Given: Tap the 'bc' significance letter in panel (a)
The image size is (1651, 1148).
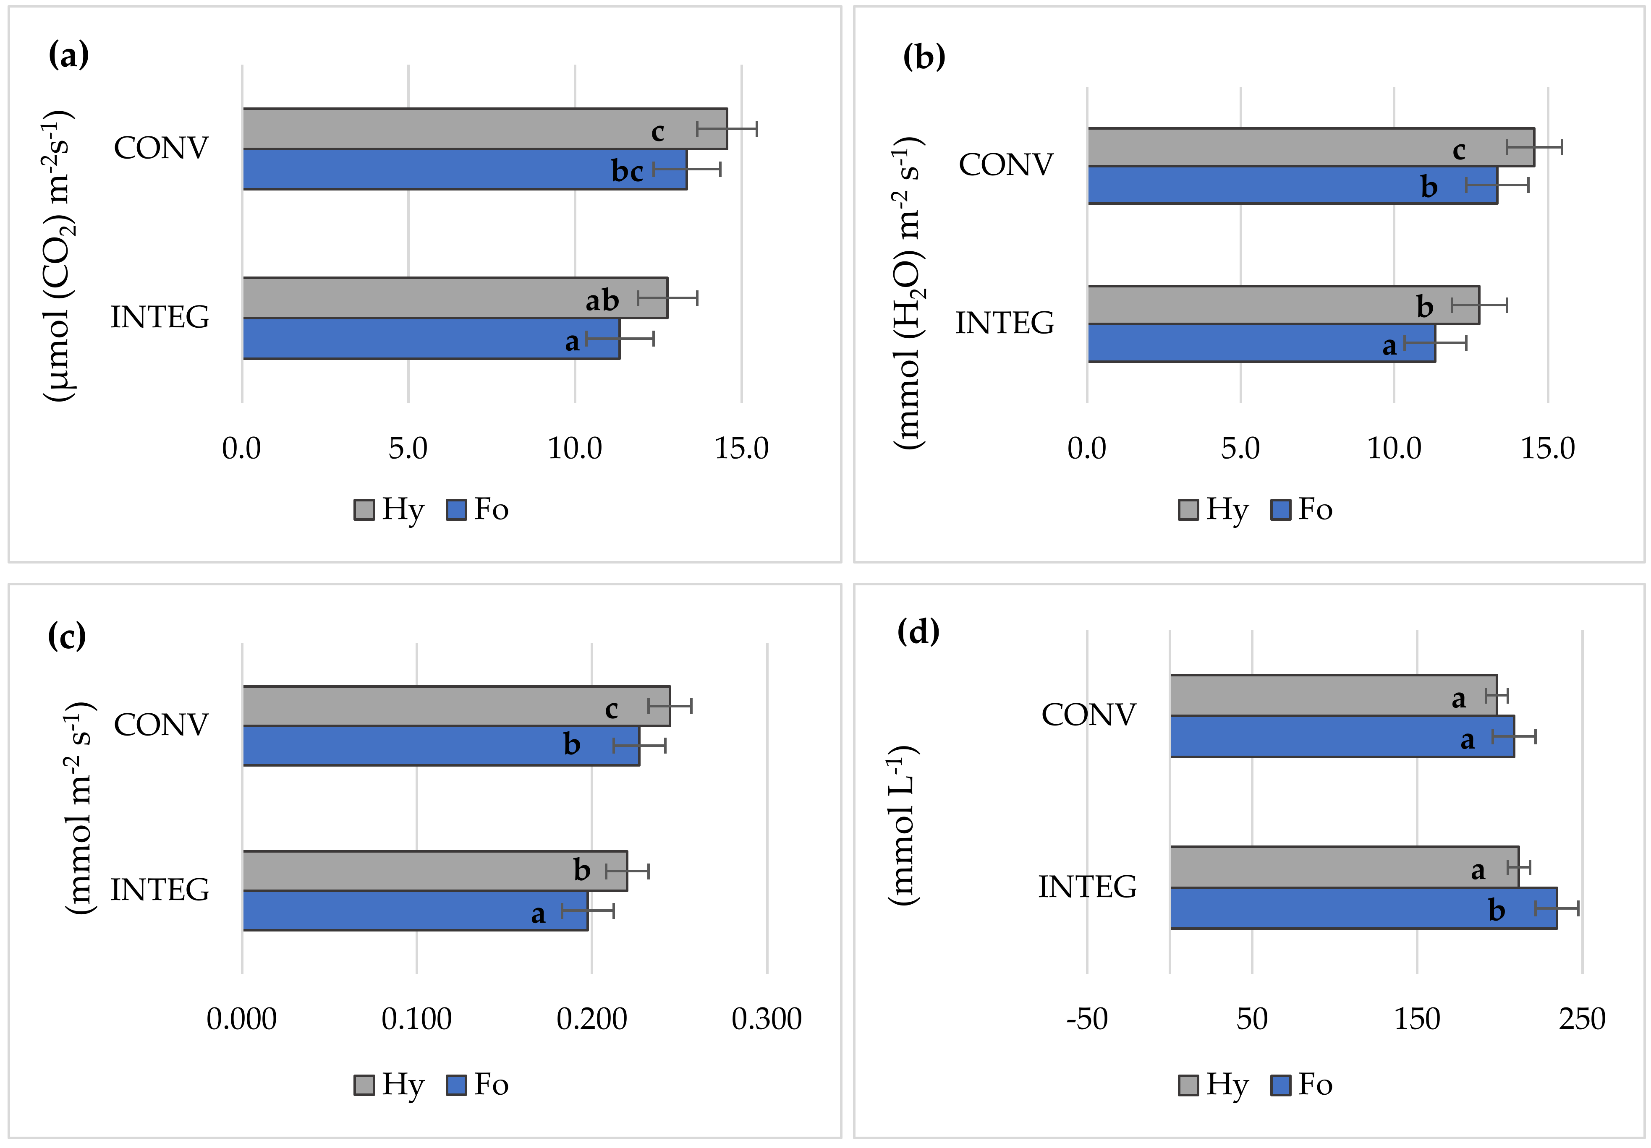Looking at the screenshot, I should tap(627, 171).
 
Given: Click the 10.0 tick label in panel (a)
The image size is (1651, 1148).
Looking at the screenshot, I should tap(575, 449).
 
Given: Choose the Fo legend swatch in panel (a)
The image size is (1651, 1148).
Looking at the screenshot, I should tap(456, 510).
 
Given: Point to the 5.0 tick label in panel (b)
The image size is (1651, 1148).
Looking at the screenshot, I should tap(1240, 449).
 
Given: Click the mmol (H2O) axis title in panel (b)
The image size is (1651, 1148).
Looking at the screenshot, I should tap(908, 291).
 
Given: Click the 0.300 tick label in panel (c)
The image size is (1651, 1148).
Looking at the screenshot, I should tap(767, 1019).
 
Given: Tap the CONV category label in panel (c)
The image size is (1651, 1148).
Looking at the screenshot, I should tap(161, 725).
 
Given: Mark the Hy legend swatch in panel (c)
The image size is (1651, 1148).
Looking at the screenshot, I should tap(364, 1085).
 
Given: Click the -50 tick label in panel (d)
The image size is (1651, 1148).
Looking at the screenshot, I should tap(1086, 1019).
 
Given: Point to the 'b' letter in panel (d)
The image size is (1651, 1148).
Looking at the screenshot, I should tap(1497, 910).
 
